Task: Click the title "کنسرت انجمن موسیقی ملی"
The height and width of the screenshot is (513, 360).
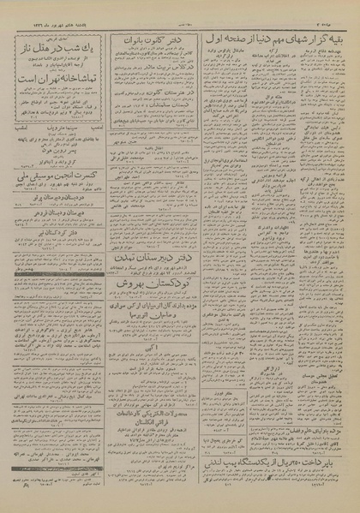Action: pos(57,202)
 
